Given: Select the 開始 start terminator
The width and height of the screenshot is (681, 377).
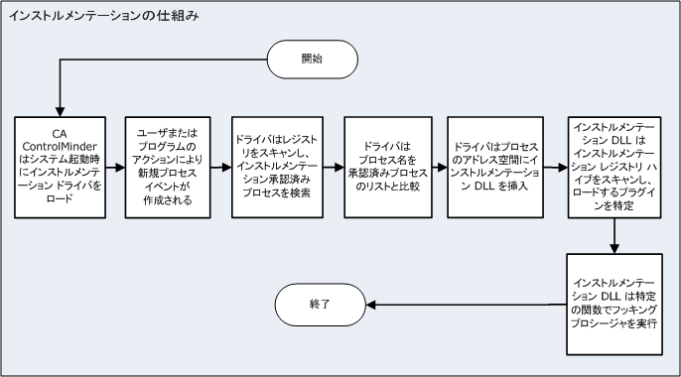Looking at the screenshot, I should click(311, 60).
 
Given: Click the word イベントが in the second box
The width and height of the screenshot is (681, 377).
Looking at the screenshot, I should click(167, 186).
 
